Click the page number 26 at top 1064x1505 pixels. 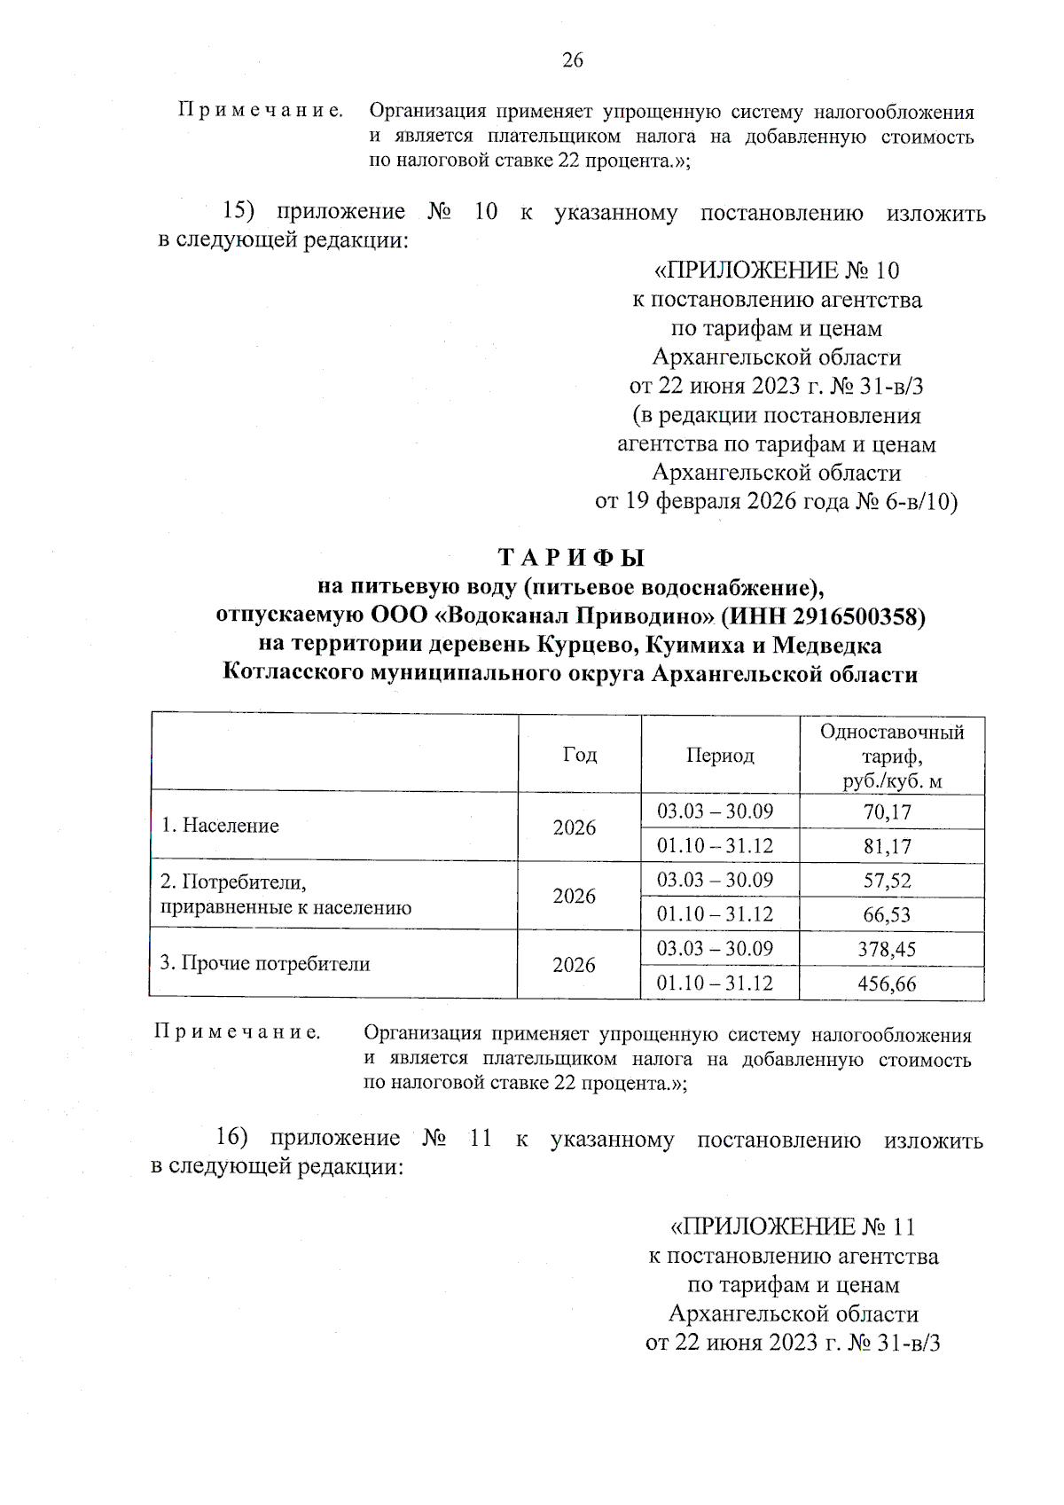573,60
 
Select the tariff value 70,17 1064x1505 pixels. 887,812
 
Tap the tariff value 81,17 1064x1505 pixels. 887,847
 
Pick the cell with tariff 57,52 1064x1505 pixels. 887,882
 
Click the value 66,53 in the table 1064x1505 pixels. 887,915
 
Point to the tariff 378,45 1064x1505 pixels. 887,950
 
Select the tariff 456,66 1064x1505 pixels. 887,984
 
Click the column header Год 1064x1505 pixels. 580,755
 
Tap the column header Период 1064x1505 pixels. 719,756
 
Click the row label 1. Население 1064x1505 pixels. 220,826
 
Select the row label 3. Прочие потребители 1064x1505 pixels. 265,964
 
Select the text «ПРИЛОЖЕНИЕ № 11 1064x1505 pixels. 792,1227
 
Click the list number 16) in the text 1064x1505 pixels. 233,1139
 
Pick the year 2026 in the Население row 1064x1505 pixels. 575,828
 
